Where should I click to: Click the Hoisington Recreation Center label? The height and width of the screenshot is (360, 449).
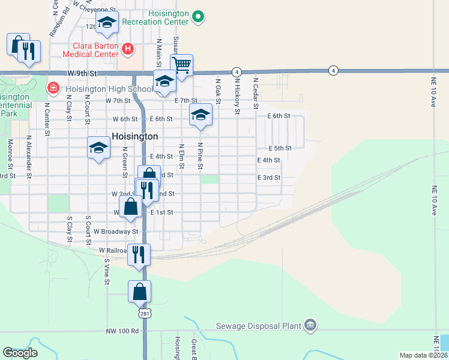click(x=155, y=17)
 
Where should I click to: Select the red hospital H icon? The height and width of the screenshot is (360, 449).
click(x=127, y=48)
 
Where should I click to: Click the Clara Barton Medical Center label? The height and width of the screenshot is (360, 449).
click(x=95, y=50)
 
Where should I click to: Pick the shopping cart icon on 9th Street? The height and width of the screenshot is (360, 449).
click(x=181, y=63)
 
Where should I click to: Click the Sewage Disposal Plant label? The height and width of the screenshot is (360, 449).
click(x=258, y=326)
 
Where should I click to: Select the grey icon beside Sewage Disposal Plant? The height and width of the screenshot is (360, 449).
click(x=310, y=326)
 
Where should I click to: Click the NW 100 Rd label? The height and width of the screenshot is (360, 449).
click(x=122, y=331)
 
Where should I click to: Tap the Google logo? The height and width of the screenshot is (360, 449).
click(x=20, y=353)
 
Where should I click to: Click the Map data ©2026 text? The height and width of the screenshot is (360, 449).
click(x=423, y=355)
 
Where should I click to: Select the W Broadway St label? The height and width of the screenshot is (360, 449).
click(x=116, y=231)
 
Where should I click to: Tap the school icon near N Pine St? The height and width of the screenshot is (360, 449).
click(x=200, y=114)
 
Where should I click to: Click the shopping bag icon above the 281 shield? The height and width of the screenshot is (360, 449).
click(x=139, y=292)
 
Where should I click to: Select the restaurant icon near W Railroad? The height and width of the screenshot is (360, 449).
click(x=139, y=254)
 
